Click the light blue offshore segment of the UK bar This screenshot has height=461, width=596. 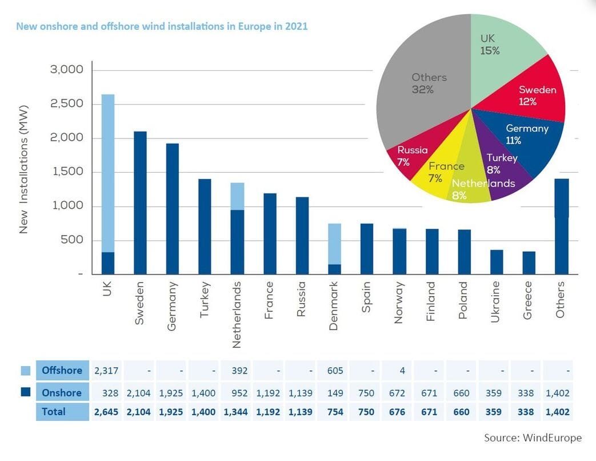click(x=108, y=173)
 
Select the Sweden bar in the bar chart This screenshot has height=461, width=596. click(x=140, y=202)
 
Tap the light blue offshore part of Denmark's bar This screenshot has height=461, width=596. click(x=334, y=244)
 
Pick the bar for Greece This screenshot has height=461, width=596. click(x=529, y=263)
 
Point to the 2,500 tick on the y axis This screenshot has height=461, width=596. click(x=66, y=104)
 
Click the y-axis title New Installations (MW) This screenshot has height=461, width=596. click(x=23, y=169)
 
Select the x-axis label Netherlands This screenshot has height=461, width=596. click(x=237, y=315)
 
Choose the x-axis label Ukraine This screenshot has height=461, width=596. click(x=495, y=301)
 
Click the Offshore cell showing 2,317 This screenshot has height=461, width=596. click(x=106, y=371)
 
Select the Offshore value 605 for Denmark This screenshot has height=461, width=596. click(x=335, y=371)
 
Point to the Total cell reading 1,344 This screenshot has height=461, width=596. click(x=235, y=412)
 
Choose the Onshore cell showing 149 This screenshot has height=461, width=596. click(x=335, y=393)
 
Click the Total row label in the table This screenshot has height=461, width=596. click(x=54, y=412)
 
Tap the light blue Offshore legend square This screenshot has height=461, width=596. click(x=26, y=371)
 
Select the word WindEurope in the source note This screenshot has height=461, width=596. click(x=553, y=438)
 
